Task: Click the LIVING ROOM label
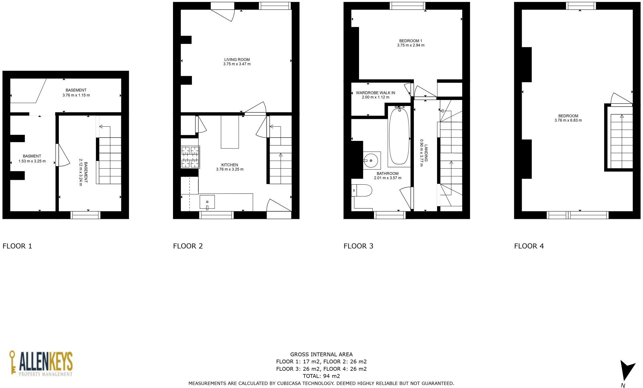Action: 237,60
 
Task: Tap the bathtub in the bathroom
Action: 399,137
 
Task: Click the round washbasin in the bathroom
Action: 371,161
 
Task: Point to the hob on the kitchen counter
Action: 190,157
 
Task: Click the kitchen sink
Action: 207,202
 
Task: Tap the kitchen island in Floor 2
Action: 230,132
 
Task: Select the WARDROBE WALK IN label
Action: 375,93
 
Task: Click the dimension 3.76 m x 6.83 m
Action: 568,121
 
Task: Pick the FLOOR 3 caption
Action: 358,246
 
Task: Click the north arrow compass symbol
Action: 627,370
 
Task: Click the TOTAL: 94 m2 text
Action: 321,376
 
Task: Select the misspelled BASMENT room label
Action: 32,156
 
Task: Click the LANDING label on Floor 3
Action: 426,153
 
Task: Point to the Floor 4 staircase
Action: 621,141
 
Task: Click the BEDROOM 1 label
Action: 411,41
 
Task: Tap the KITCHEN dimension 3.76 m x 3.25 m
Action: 230,169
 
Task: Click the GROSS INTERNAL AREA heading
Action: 321,354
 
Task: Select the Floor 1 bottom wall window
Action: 85,215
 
